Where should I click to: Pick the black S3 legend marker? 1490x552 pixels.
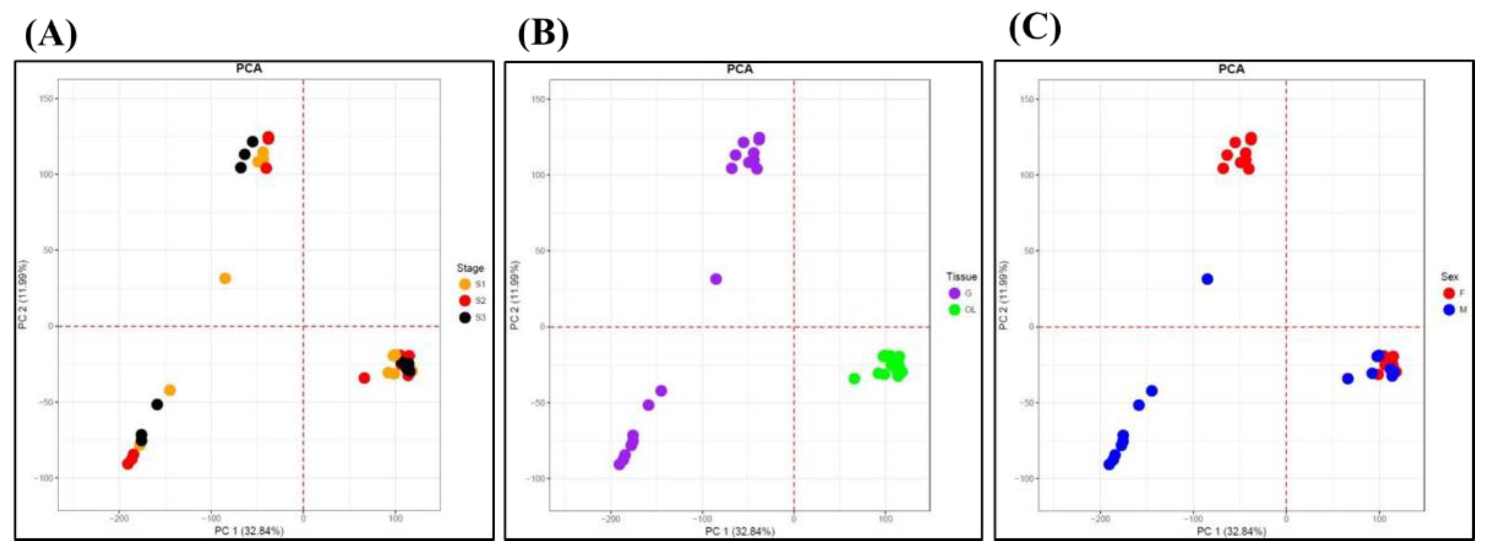(465, 317)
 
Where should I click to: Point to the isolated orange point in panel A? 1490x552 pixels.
(225, 278)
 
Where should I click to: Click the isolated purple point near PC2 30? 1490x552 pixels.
(716, 279)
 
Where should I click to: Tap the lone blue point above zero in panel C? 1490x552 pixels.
(1207, 279)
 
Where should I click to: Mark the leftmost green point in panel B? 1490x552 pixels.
(854, 379)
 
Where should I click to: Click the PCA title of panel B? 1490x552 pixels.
(740, 69)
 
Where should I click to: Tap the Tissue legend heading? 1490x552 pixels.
(961, 277)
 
